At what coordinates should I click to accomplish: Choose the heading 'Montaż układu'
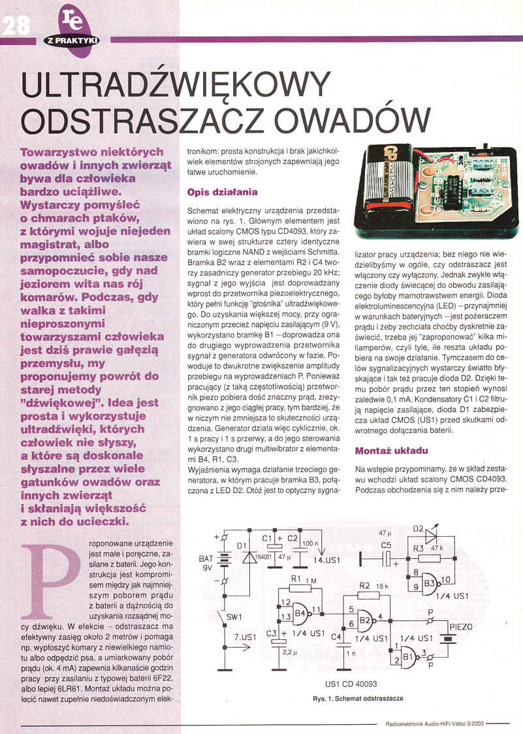click(x=390, y=451)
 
